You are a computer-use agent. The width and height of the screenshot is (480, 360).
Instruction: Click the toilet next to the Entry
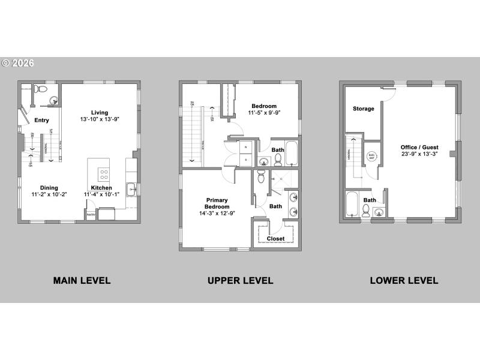tap(37, 89)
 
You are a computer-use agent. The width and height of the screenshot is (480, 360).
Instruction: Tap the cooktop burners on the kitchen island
tap(104, 174)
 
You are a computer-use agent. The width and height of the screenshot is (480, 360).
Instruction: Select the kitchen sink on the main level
tap(132, 190)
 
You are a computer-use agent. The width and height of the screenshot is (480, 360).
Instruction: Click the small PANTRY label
tap(91, 215)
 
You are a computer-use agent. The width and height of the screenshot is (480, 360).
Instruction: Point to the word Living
tap(100, 113)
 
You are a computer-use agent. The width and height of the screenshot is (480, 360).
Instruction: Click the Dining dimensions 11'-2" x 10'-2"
tap(49, 194)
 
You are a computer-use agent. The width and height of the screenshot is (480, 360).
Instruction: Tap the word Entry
tap(41, 120)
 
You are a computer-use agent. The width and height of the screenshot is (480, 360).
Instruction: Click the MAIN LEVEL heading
tap(82, 280)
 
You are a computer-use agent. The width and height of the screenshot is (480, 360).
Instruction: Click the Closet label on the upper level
tap(275, 238)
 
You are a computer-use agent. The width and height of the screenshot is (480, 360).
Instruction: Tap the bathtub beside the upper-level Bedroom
tap(292, 154)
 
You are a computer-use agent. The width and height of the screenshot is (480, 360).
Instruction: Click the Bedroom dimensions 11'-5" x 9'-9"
tap(264, 112)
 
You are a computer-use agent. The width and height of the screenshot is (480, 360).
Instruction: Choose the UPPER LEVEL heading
tap(240, 280)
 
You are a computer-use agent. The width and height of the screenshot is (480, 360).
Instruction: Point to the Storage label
tap(364, 109)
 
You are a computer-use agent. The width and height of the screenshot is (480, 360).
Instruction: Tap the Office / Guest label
tap(419, 147)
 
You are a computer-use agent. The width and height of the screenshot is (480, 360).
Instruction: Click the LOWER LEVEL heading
tap(404, 280)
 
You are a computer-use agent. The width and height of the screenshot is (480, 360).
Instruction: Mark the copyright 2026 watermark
tap(18, 62)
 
